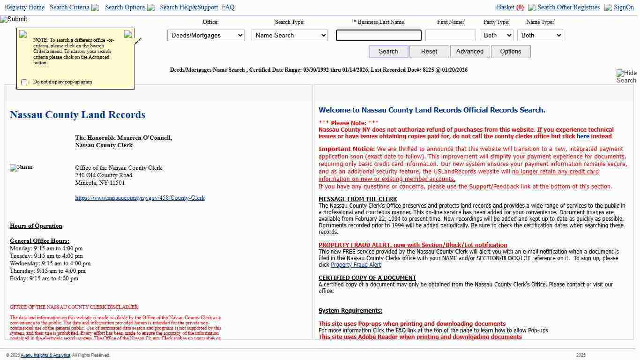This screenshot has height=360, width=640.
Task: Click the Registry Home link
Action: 24,7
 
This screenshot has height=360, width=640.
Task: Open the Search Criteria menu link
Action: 69,7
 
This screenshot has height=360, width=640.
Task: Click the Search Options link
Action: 125,7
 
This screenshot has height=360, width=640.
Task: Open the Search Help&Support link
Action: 189,7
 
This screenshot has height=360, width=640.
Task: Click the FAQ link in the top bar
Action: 228,7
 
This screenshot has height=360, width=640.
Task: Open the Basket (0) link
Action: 510,7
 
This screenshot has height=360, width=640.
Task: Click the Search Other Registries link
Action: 568,7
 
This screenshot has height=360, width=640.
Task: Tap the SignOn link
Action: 624,7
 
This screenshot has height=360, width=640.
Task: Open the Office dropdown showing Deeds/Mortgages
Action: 206,35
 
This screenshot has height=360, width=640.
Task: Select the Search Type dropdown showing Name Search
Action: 290,35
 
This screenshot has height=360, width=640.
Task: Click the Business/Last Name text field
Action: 379,35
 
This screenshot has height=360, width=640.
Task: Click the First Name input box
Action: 450,35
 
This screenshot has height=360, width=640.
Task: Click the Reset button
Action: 429,52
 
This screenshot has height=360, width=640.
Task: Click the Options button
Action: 510,52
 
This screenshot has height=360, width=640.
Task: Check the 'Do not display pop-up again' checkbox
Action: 24,82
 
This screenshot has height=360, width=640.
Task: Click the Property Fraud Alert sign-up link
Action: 356,265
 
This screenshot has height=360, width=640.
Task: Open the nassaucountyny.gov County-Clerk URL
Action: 140,198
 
